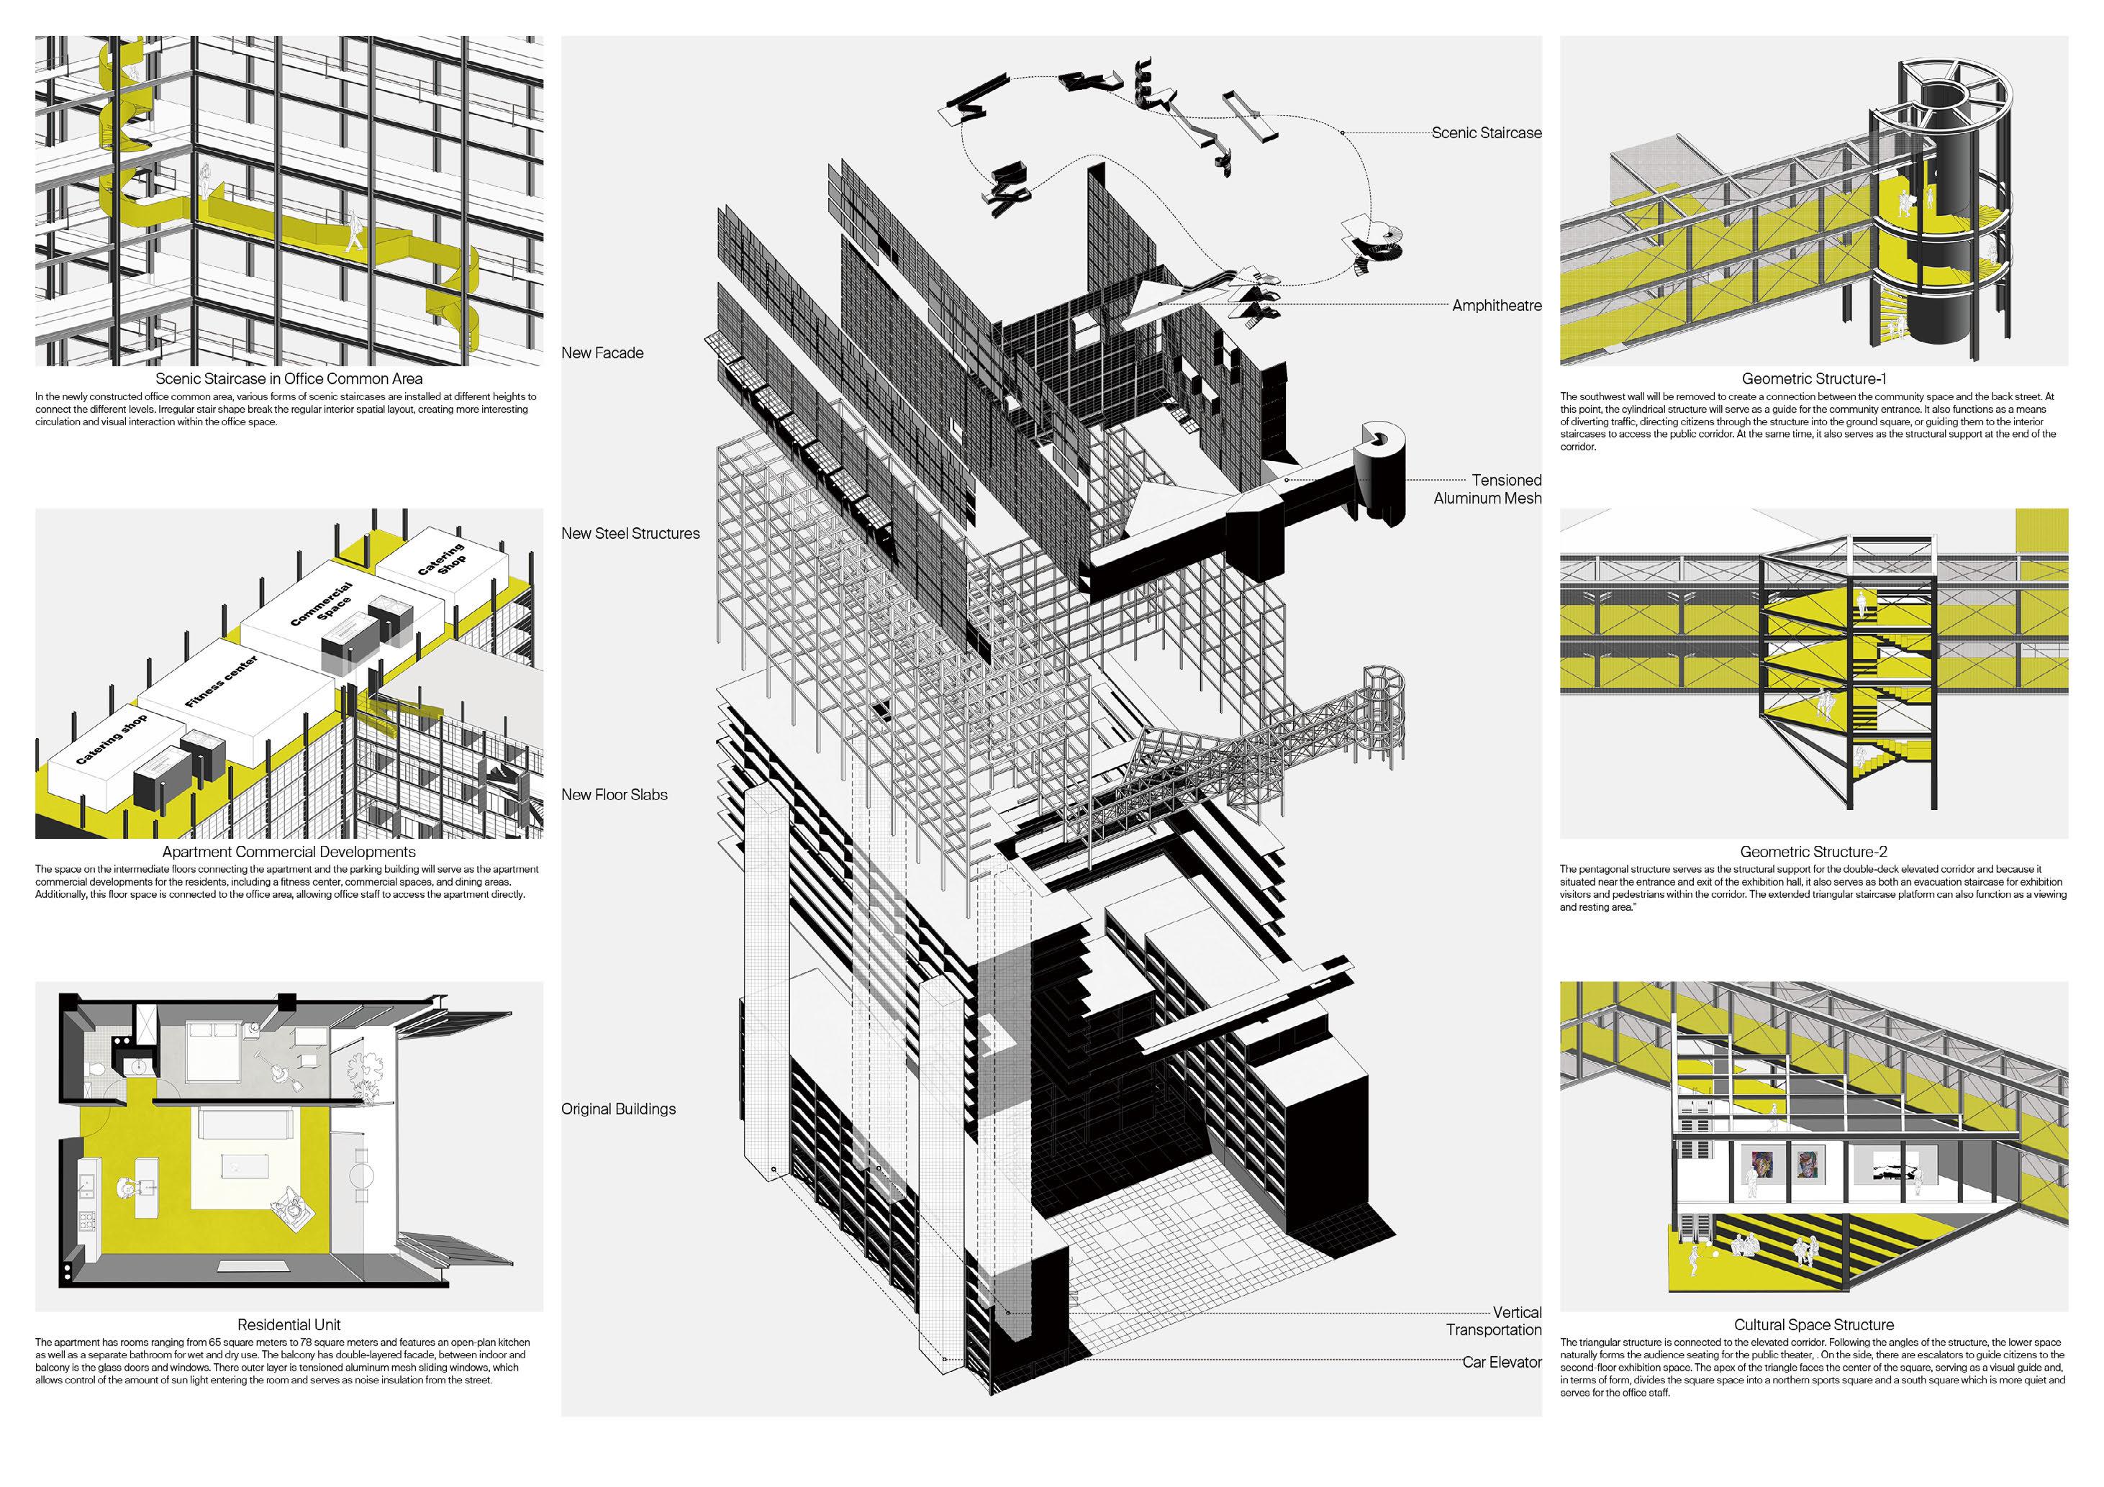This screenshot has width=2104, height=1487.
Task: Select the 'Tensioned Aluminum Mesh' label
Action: (x=1487, y=489)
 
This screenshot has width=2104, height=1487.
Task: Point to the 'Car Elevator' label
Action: (x=1501, y=1363)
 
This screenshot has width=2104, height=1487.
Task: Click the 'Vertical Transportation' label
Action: (x=1494, y=1321)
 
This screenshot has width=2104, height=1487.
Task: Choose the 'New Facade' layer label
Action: (x=602, y=353)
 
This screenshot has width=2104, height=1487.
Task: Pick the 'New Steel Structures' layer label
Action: (x=630, y=533)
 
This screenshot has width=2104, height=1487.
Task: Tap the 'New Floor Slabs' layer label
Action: (x=614, y=794)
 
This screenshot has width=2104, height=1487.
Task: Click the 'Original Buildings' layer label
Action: (x=619, y=1109)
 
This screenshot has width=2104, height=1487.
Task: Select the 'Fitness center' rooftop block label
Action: (x=221, y=682)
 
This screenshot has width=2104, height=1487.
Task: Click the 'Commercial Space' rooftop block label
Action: (x=322, y=605)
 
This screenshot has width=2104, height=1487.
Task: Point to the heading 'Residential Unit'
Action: (x=289, y=1324)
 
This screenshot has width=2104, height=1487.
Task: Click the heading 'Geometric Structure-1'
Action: (x=1813, y=378)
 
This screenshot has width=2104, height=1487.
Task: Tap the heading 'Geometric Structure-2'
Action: (x=1813, y=851)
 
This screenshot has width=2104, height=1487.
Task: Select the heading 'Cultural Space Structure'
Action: (x=1813, y=1324)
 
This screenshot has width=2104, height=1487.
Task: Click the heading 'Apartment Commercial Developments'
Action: (x=289, y=851)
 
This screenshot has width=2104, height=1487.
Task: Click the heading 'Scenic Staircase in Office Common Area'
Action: (x=289, y=378)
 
